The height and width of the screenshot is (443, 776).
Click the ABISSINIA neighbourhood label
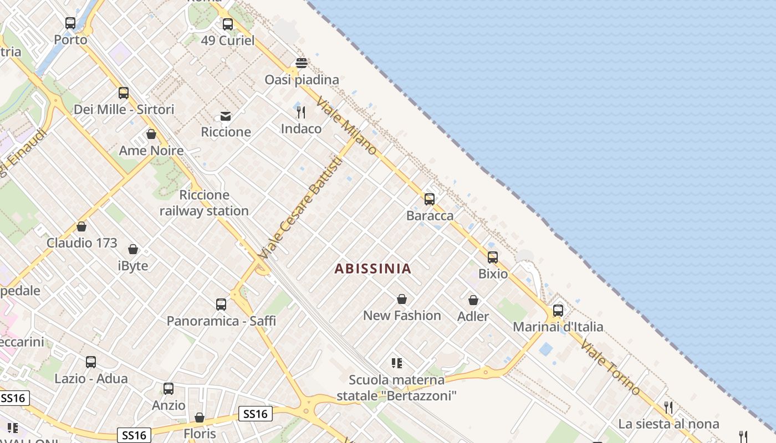373,269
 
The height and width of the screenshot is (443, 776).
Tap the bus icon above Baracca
429,199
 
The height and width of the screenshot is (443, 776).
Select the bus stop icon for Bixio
493,257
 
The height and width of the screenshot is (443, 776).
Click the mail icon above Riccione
226,116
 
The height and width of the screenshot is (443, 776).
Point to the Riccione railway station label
204,203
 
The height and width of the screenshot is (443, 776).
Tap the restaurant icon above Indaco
301,112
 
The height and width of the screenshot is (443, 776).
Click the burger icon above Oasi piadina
302,63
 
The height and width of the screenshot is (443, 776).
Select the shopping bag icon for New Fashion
402,300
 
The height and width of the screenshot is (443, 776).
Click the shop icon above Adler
473,300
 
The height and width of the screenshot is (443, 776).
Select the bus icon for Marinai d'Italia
558,311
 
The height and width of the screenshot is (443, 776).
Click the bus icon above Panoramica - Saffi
221,305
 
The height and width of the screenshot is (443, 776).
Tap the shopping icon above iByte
133,250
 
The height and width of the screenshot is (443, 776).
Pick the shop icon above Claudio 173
81,226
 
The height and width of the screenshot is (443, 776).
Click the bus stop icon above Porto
70,23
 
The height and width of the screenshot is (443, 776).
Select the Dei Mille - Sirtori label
124,110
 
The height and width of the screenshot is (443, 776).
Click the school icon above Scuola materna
396,363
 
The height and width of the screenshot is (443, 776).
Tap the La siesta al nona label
668,424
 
